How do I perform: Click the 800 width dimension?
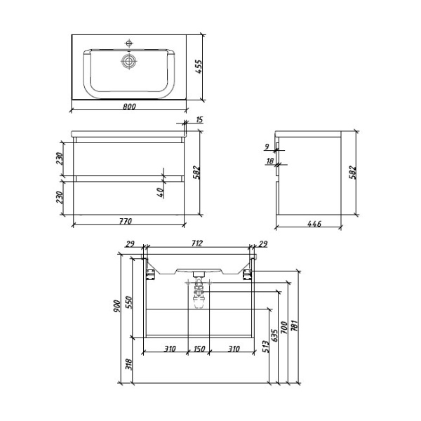(x=129, y=107)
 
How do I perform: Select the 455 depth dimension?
(x=199, y=67)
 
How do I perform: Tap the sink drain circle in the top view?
(x=128, y=62)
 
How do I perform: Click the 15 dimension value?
(x=199, y=121)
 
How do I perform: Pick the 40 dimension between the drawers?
(x=160, y=191)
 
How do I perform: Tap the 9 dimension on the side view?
(x=267, y=147)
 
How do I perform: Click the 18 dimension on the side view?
(x=269, y=161)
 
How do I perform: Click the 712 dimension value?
(x=196, y=243)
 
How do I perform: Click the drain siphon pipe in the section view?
(x=199, y=295)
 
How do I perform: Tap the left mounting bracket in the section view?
(x=150, y=269)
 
